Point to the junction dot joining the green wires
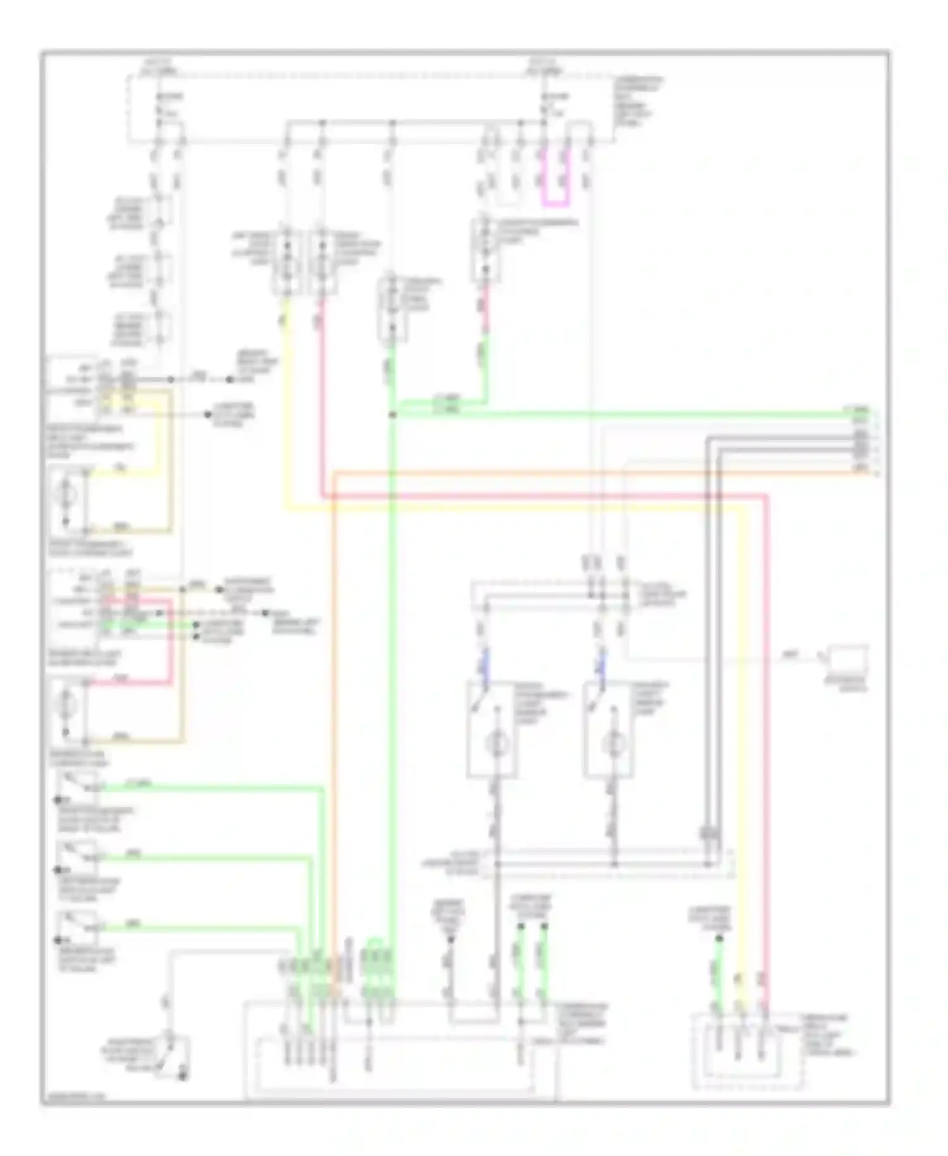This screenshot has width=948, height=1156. (392, 415)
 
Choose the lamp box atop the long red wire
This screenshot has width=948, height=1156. (322, 261)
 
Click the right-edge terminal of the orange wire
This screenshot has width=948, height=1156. (876, 471)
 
